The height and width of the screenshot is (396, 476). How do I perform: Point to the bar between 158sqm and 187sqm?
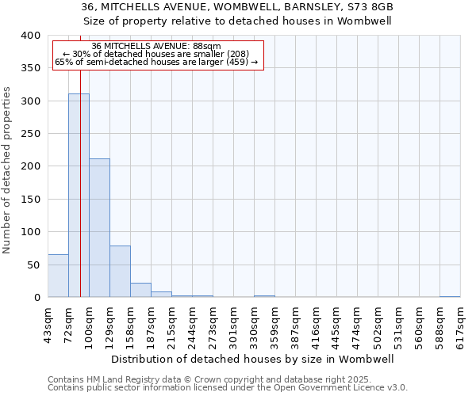[x=140, y=290]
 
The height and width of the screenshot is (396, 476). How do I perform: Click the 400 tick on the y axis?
[x=30, y=36]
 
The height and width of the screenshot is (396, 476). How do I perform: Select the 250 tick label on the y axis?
[x=30, y=134]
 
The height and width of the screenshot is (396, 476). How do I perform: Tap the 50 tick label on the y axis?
[x=33, y=265]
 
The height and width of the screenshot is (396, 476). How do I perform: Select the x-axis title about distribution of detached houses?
[x=253, y=359]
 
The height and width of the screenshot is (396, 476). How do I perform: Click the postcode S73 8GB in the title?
[x=370, y=6]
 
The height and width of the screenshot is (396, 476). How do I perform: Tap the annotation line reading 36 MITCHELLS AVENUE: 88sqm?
[x=156, y=46]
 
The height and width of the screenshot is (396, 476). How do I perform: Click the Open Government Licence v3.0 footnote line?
[x=227, y=388]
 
